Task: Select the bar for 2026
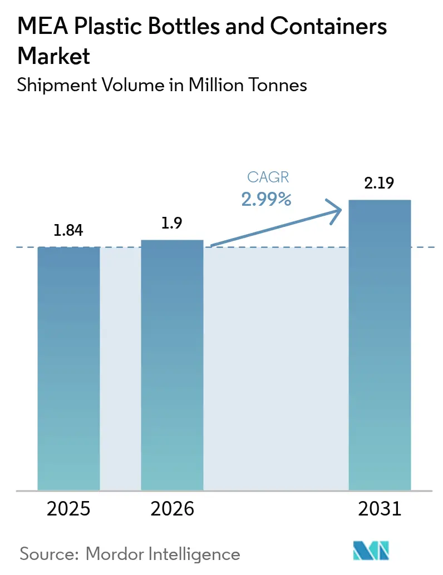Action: [x=172, y=365]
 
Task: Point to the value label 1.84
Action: [x=68, y=230]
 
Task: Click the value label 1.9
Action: [x=172, y=224]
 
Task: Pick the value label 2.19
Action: [x=380, y=184]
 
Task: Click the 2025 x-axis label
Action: [x=68, y=509]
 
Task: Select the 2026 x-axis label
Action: [x=172, y=509]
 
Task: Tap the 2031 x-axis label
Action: [x=380, y=509]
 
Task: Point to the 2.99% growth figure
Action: [x=266, y=199]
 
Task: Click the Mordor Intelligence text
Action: [x=164, y=554]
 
